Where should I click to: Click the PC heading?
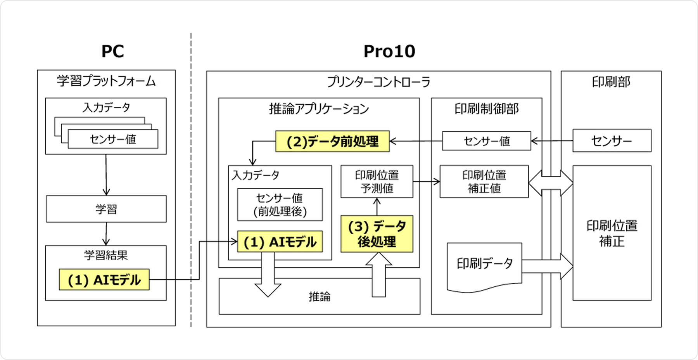[112, 51]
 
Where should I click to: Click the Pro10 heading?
[389, 51]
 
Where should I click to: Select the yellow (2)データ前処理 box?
[332, 141]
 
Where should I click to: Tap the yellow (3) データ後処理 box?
[377, 234]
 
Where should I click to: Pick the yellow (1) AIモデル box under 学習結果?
[104, 279]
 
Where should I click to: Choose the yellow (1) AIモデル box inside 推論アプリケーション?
[280, 242]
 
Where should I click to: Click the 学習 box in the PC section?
[106, 209]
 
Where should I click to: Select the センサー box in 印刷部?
[612, 140]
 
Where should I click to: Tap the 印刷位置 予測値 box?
[377, 182]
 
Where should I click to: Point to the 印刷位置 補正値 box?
[484, 182]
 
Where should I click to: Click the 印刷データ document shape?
[484, 266]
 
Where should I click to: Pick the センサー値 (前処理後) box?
[280, 204]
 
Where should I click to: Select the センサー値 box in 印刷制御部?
[486, 141]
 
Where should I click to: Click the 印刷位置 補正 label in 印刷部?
[612, 233]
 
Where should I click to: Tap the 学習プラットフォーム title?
[106, 81]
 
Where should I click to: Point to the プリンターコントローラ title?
[378, 82]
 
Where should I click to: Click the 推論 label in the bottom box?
[320, 297]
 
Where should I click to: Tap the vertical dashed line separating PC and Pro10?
[191, 178]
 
